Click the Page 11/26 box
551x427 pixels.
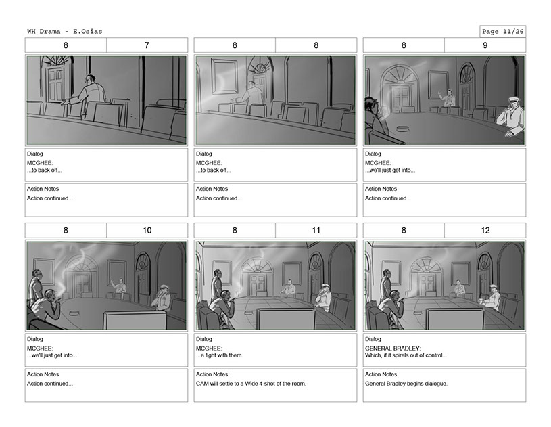pos(502,32)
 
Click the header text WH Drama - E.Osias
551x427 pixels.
pos(65,32)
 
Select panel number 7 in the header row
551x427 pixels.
pos(147,45)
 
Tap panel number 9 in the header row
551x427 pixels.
pos(485,45)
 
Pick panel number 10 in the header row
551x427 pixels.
pos(147,230)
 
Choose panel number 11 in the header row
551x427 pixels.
pos(316,230)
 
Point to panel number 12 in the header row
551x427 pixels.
pos(485,230)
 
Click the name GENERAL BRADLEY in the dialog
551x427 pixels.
pos(392,349)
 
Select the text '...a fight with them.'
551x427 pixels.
pos(219,355)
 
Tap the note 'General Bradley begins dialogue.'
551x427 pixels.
pos(406,384)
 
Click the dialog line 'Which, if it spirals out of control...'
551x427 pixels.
pos(406,355)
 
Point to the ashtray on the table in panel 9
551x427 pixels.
pos(403,129)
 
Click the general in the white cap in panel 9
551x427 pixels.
pos(510,116)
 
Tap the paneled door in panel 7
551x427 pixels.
pos(55,85)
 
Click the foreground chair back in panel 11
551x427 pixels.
pos(285,319)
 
